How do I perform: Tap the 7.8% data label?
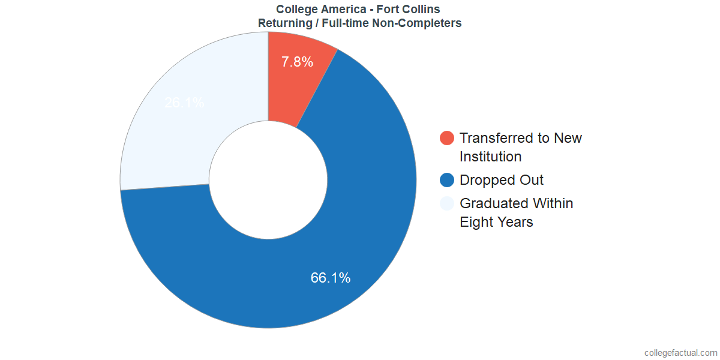297,62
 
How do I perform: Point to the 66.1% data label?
331,278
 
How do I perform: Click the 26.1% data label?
184,103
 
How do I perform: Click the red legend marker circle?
447,138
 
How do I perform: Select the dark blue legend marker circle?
447,180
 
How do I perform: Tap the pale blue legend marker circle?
447,203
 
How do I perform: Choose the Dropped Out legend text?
502,180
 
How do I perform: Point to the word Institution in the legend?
490,157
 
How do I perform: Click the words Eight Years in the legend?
496,222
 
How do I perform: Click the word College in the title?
297,9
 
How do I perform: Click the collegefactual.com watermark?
680,352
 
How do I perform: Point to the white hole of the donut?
268,180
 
